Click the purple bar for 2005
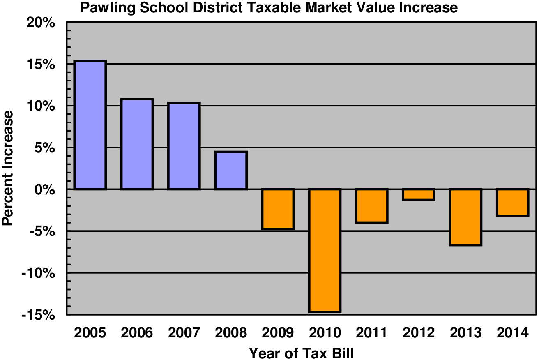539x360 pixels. (90, 125)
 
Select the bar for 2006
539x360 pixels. (137, 144)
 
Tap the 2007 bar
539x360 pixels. (184, 146)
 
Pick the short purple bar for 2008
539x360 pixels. (231, 171)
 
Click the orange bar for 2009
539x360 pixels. (278, 209)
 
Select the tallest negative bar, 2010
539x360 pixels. (325, 250)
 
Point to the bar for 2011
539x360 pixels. (372, 205)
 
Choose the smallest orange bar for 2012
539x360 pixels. (419, 194)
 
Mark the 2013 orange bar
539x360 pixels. (465, 217)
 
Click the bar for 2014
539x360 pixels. (512, 202)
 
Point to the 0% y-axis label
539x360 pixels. (45, 189)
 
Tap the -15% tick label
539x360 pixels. (39, 315)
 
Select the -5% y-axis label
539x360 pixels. (42, 231)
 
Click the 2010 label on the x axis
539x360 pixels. (325, 332)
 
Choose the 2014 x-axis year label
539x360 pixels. (512, 332)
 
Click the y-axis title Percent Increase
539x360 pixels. (8, 168)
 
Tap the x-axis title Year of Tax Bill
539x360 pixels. (301, 353)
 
